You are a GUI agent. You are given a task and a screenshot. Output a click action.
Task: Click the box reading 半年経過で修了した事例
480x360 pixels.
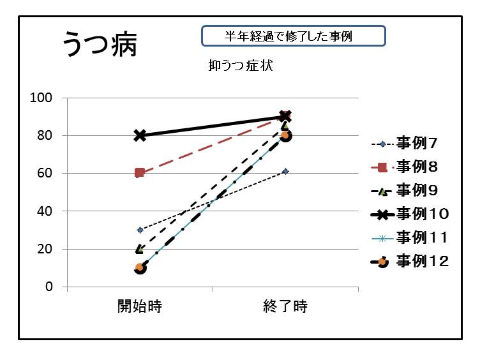pyautogui.click(x=294, y=36)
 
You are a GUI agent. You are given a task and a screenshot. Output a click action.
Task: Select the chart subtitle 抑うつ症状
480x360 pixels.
pyautogui.click(x=241, y=65)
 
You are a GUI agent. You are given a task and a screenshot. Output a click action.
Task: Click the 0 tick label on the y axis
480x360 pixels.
pyautogui.click(x=49, y=287)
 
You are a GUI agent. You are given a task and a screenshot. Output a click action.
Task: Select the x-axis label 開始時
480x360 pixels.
pyautogui.click(x=139, y=306)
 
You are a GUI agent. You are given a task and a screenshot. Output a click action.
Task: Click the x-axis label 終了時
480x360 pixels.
pyautogui.click(x=285, y=306)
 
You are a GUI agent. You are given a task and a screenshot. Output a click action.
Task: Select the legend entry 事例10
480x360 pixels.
pyautogui.click(x=421, y=213)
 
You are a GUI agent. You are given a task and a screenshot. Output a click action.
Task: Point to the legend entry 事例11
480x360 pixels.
pyautogui.click(x=421, y=237)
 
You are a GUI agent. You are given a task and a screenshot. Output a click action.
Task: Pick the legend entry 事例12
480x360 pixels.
pyautogui.click(x=421, y=260)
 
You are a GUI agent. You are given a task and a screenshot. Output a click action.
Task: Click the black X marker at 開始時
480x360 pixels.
pyautogui.click(x=140, y=135)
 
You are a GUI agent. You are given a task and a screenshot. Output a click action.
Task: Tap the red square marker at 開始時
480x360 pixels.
pyautogui.click(x=140, y=173)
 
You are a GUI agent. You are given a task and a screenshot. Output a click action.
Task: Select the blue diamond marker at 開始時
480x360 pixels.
pyautogui.click(x=140, y=230)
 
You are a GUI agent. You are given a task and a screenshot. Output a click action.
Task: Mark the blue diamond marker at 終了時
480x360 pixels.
pyautogui.click(x=285, y=171)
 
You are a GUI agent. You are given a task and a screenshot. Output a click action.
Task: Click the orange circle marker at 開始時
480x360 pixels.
pyautogui.click(x=140, y=267)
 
